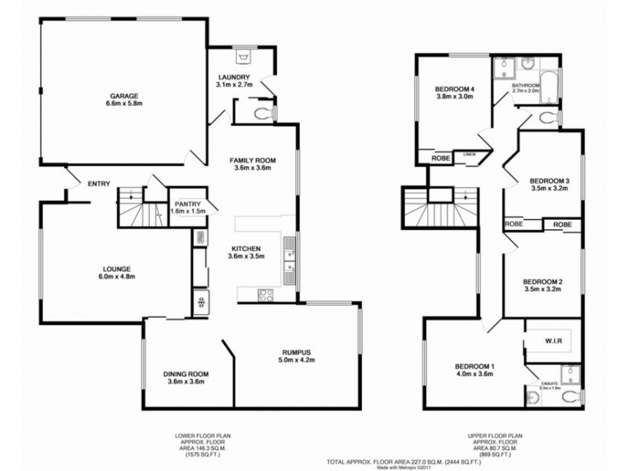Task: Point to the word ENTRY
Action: tap(98, 184)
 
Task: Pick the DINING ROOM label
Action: tap(185, 374)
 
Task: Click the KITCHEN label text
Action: tap(245, 248)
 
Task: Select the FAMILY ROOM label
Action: tap(252, 159)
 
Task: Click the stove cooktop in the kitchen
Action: tap(266, 296)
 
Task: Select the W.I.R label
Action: tap(555, 341)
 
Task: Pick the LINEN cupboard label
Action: tap(469, 155)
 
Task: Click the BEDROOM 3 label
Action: tap(549, 181)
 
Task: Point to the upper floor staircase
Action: tap(440, 207)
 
